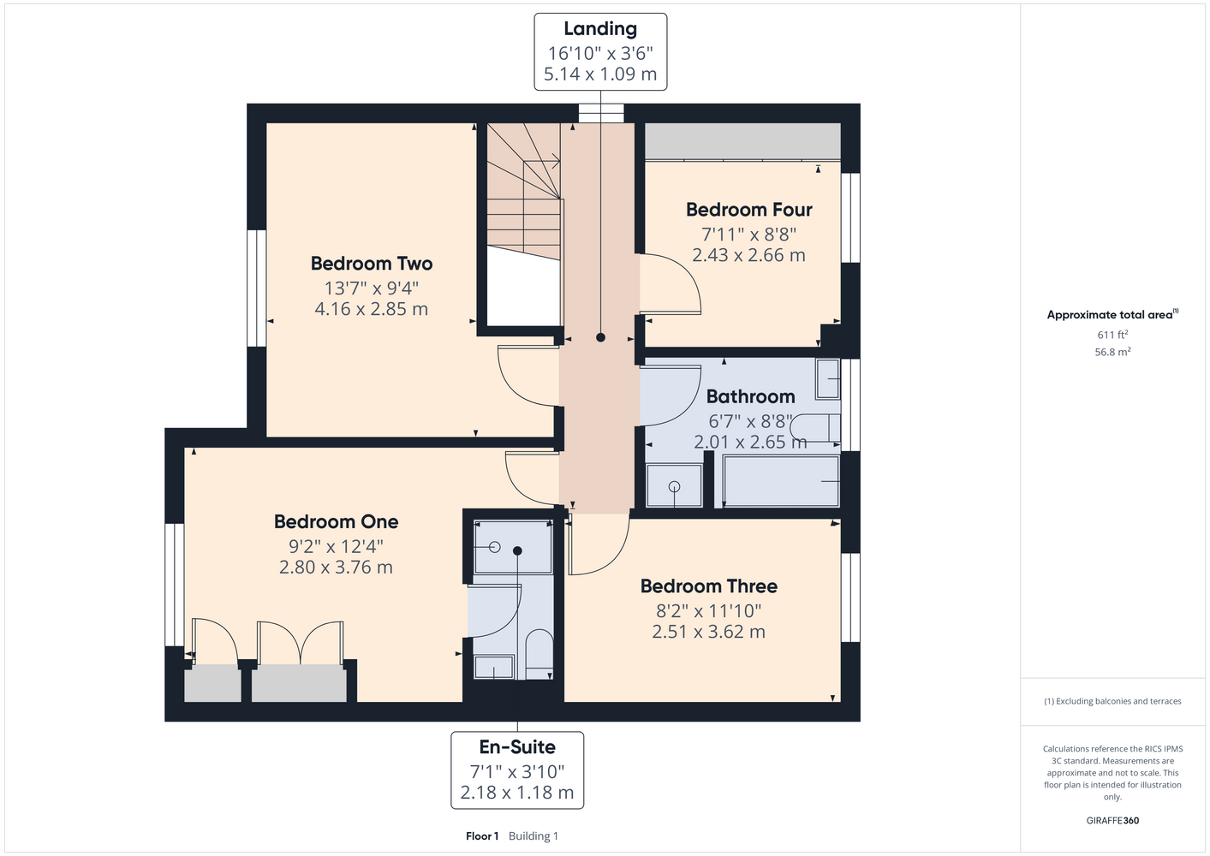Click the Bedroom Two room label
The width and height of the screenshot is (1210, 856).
(x=372, y=264)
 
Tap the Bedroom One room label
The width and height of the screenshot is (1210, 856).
(x=336, y=521)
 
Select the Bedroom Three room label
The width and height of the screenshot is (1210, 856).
(x=709, y=586)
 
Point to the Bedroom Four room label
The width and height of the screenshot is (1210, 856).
(x=748, y=210)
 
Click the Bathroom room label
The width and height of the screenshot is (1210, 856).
(x=750, y=397)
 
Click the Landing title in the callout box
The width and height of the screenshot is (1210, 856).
(x=600, y=29)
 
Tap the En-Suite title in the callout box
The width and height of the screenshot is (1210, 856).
(x=517, y=747)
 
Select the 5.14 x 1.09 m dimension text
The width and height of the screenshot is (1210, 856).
(x=600, y=74)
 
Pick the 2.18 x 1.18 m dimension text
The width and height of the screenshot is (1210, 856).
(x=517, y=793)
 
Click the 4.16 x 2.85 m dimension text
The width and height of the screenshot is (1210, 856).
(x=372, y=309)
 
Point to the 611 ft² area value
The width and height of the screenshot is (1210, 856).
(x=1112, y=335)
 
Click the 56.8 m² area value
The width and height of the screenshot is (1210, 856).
(x=1112, y=352)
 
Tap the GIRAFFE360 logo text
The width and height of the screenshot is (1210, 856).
(x=1112, y=820)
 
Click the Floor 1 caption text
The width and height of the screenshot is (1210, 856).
(x=482, y=836)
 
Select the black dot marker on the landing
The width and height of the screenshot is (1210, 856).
(x=600, y=337)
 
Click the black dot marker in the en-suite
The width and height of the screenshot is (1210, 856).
(x=517, y=551)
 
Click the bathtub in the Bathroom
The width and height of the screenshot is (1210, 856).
(x=781, y=481)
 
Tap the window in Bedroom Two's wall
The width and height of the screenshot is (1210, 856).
(x=257, y=288)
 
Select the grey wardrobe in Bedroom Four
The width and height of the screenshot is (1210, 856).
(x=742, y=141)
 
